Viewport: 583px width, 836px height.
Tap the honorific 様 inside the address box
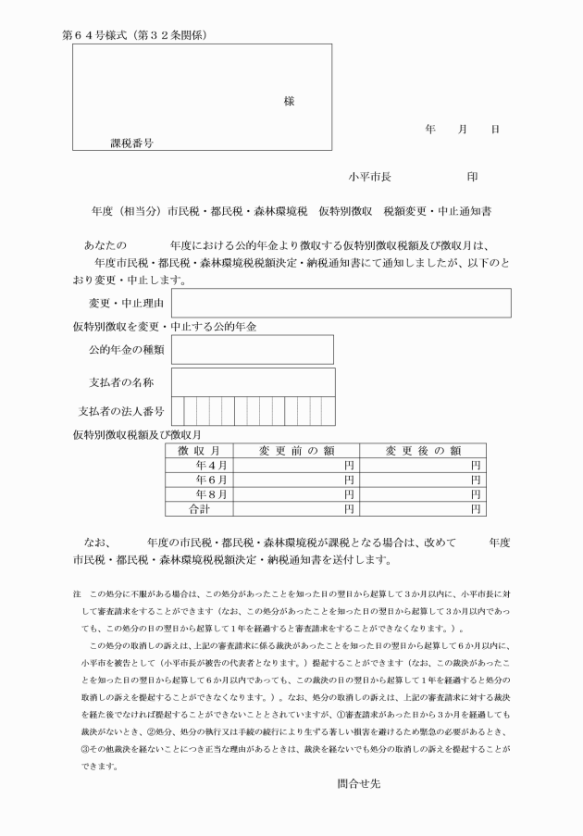point(290,101)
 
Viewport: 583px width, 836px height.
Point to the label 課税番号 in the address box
point(131,143)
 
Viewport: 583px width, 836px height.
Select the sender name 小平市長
point(369,176)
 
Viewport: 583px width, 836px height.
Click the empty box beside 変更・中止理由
point(340,303)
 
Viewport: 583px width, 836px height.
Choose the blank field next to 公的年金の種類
point(252,349)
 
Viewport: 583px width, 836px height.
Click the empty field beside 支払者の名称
point(252,381)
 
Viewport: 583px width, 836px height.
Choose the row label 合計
point(201,509)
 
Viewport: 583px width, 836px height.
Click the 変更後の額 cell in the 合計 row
point(422,509)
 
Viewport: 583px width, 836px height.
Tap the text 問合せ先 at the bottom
point(358,782)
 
